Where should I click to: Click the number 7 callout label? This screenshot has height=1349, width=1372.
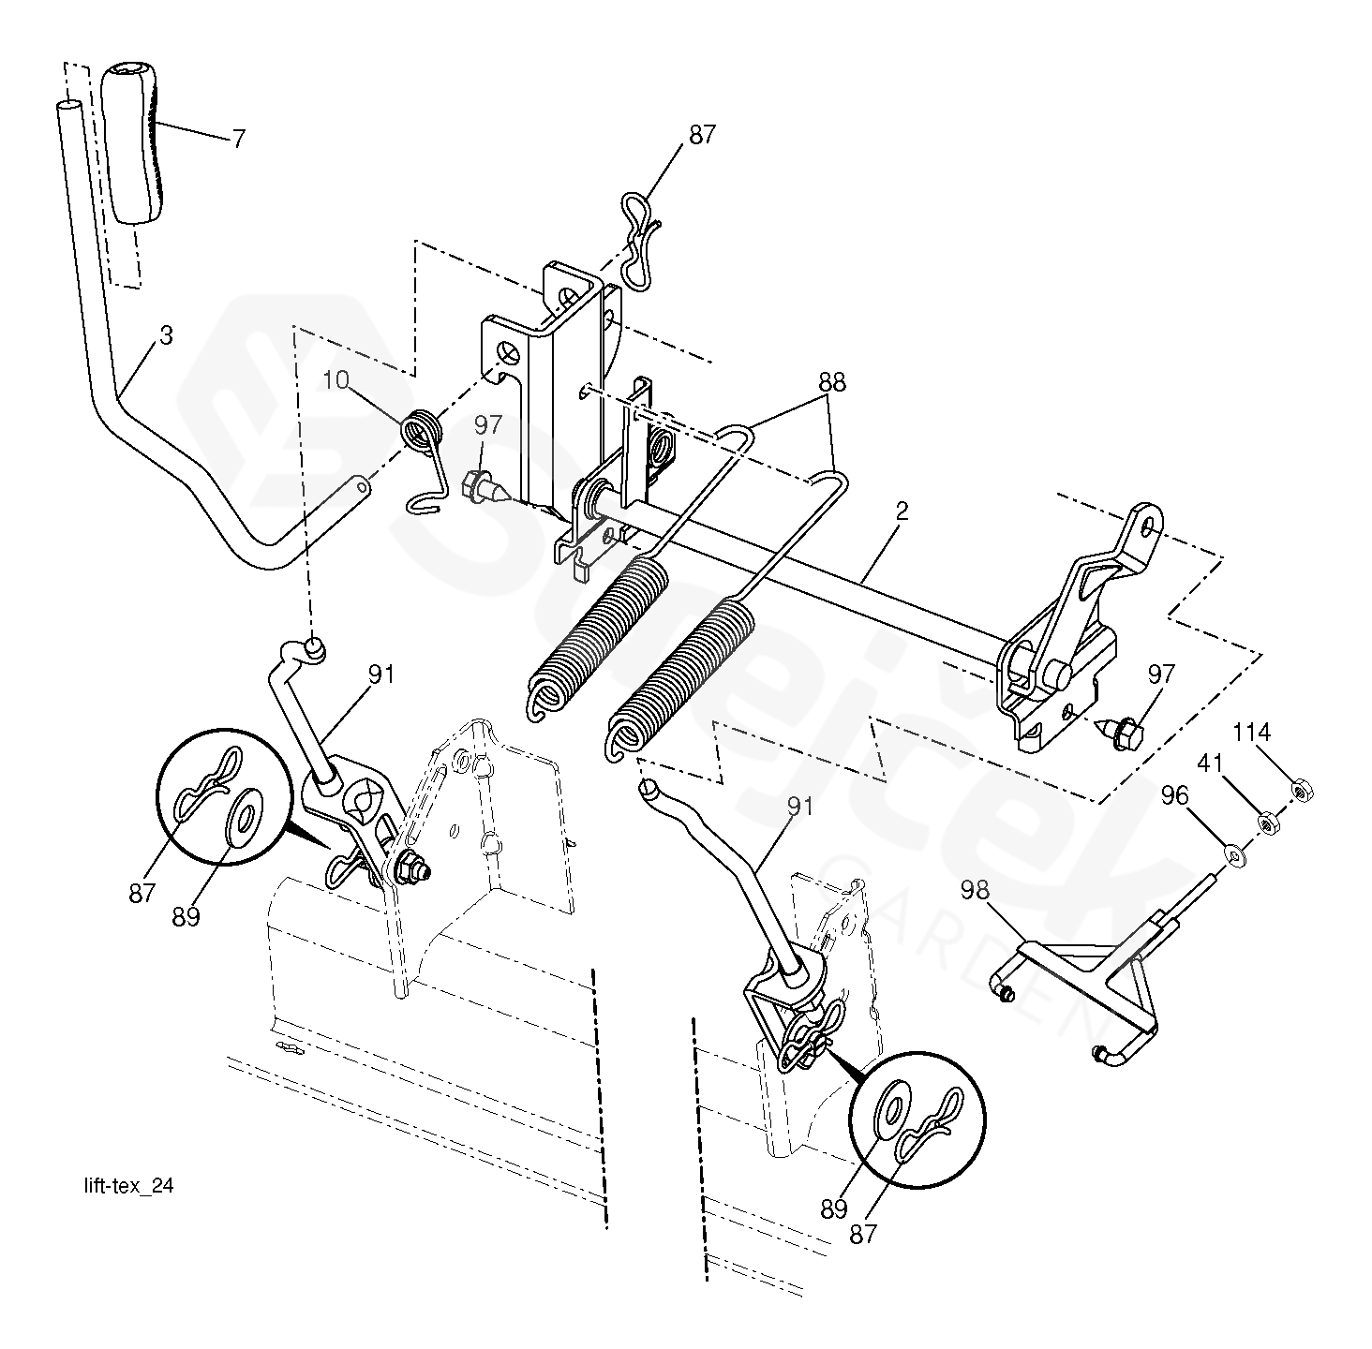[x=239, y=138]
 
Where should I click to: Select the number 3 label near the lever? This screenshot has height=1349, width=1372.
[x=166, y=335]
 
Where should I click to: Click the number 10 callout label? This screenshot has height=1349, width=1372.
[x=336, y=380]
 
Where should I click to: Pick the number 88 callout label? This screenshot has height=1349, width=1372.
[x=831, y=382]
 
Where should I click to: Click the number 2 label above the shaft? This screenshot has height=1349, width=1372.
[x=902, y=511]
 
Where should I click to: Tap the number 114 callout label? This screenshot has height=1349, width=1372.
[x=1252, y=731]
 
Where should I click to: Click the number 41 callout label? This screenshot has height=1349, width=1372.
[x=1210, y=763]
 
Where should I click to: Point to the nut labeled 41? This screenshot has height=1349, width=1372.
[x=1267, y=823]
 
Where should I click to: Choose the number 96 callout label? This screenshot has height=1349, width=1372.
[x=1175, y=795]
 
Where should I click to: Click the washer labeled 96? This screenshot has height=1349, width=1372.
[x=1234, y=855]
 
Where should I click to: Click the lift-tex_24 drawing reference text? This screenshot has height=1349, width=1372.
[x=128, y=1186]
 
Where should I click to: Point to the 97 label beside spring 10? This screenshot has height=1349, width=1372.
[x=487, y=425]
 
